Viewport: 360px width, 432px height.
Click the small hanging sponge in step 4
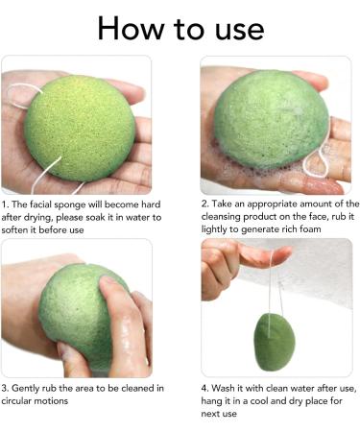click(276, 341)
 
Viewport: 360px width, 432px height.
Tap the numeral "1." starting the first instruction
click(7, 204)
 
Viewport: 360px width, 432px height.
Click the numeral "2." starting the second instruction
click(205, 204)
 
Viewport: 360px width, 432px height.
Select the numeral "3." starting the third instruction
click(7, 388)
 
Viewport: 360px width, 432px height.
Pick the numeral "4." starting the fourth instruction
click(205, 388)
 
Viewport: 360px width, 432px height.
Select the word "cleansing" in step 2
click(225, 217)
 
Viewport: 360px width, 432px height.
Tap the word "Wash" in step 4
click(228, 388)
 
